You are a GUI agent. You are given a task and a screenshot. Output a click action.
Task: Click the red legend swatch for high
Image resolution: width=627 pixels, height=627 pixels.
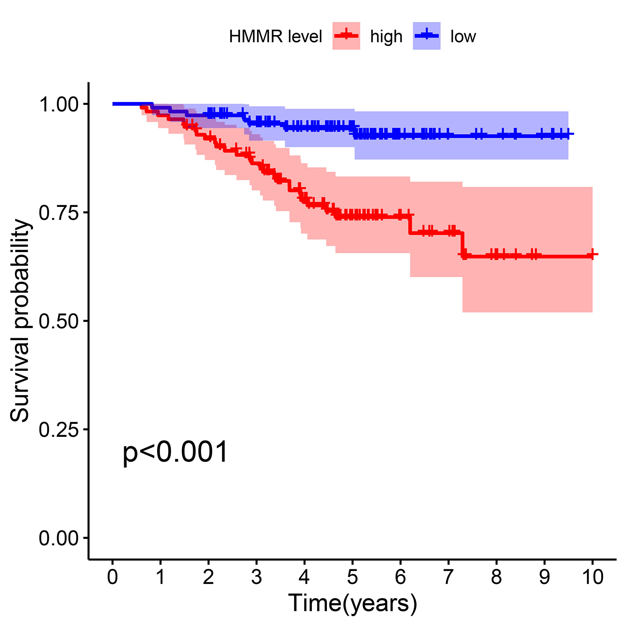coord(346,36)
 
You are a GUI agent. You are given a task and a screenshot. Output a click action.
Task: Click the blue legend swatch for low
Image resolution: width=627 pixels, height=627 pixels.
coord(426,36)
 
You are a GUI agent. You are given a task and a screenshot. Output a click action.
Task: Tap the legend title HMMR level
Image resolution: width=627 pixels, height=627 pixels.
coord(275,37)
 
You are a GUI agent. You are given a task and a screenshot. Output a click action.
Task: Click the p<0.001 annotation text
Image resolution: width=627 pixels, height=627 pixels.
coord(175,453)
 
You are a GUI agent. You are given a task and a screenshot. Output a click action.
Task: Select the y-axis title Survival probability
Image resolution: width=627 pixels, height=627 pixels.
coord(20,321)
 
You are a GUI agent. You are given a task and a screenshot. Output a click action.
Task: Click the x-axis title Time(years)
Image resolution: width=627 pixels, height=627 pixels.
coord(352,603)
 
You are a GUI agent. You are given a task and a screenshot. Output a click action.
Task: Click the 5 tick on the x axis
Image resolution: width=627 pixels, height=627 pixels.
coord(352,577)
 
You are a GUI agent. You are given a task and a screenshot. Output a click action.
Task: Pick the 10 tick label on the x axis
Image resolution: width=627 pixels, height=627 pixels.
coord(592,577)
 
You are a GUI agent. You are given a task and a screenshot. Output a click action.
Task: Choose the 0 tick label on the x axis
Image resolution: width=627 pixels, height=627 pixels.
coord(112,577)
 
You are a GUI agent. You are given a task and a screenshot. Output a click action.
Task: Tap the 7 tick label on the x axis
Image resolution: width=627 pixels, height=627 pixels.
coord(449,577)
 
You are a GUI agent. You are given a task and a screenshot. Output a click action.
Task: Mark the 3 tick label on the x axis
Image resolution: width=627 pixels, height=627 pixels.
coord(256,577)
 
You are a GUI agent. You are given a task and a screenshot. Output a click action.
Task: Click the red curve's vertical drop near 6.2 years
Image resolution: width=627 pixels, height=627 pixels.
coord(410,224)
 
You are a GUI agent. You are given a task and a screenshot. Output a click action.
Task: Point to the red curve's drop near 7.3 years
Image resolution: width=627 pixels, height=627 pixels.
coord(462,243)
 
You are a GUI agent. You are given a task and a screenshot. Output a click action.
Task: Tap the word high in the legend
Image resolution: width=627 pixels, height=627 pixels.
coord(386,37)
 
